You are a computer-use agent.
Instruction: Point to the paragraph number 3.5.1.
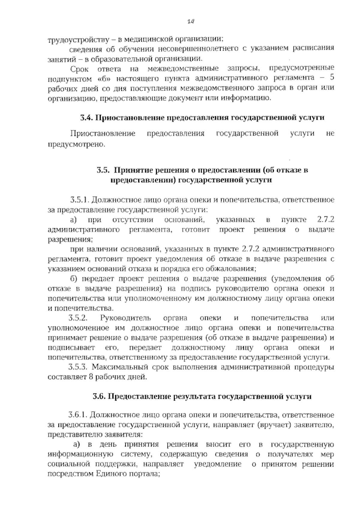pos(79,200)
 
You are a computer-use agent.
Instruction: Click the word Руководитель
pos(126,318)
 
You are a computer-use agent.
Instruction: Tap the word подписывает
pos(71,348)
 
